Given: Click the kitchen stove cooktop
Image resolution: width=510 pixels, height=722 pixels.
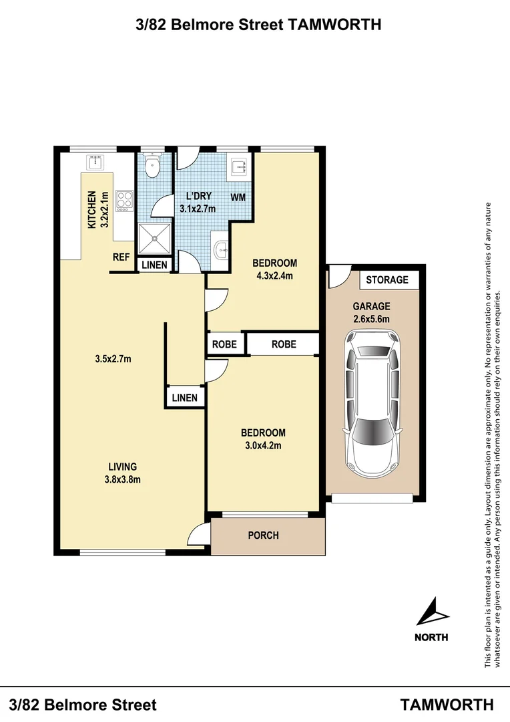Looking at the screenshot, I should coord(123,201).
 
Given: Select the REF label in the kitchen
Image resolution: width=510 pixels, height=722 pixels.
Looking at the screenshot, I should coord(121,257).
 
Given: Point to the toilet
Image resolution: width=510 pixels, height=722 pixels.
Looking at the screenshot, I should coord(153,168).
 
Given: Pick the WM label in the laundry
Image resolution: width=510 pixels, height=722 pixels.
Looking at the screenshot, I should coord(238,198).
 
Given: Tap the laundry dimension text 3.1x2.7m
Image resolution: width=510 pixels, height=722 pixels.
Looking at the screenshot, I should coord(198,208).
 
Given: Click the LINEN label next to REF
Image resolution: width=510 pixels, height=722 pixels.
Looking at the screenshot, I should coord(154,265).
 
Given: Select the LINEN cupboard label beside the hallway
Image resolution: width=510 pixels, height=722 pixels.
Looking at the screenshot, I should coord(184,398).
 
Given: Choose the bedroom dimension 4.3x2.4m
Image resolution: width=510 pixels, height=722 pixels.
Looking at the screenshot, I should coord(275,275).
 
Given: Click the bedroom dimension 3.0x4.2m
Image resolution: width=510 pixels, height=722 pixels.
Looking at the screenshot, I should coord(263,445).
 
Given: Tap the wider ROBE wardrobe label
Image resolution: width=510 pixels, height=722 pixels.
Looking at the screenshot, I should coord(284,344).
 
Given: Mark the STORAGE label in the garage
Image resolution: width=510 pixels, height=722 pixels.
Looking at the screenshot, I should coord(387,279).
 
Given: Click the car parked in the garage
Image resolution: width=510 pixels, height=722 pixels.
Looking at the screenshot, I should coord(371,408).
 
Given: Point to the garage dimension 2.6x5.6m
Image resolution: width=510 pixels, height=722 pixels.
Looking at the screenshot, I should coord(371,319).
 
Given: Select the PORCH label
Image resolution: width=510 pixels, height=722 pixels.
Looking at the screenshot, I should coord(263,535).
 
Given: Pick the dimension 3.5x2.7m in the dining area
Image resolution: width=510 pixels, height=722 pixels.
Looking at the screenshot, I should coord(113,359).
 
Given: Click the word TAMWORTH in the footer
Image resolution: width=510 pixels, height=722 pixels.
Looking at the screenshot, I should coord(447,705).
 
